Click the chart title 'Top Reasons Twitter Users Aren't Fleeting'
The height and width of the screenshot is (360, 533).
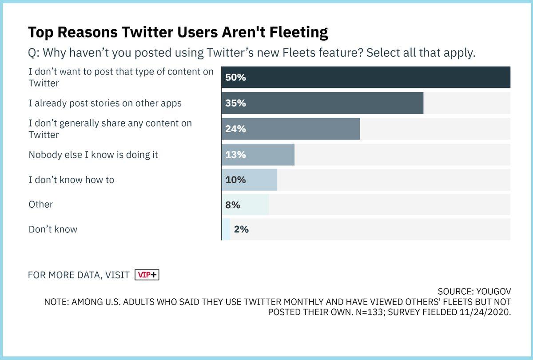click(x=178, y=32)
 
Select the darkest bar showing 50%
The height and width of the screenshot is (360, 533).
click(x=366, y=77)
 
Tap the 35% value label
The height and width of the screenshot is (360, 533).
click(x=235, y=103)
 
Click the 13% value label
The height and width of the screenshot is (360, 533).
click(x=235, y=154)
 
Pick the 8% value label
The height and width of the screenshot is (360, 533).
click(x=233, y=205)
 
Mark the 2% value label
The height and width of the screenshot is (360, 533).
click(x=241, y=229)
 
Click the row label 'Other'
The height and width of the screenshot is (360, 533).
click(x=41, y=205)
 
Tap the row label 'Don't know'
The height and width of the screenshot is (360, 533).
click(x=53, y=229)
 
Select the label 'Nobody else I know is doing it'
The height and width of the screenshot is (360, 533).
click(x=93, y=154)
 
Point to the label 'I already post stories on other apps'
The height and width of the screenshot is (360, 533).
click(x=105, y=103)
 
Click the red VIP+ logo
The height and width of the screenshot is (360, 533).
click(x=147, y=275)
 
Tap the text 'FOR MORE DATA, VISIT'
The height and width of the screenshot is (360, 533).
click(x=79, y=275)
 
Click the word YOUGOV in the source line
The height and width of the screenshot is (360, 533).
click(x=493, y=292)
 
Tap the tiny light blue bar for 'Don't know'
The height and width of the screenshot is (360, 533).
click(x=226, y=229)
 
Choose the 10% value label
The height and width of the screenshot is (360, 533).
click(x=235, y=180)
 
